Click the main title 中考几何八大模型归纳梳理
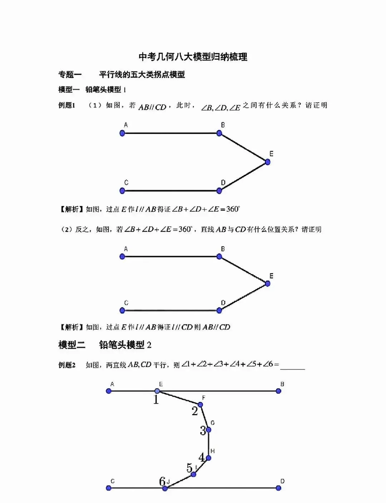193,57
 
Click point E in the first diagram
267,162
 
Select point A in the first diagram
122,133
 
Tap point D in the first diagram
219,191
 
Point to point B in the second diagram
219,256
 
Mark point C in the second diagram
122,310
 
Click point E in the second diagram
267,283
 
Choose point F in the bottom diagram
200,404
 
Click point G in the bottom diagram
208,430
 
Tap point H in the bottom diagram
208,458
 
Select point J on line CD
165,488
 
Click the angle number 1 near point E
156,400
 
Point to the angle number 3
203,431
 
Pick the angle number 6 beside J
162,482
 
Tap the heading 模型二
72,345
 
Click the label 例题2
67,365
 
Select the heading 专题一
70,75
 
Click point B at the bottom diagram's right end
278,391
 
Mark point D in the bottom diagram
278,488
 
